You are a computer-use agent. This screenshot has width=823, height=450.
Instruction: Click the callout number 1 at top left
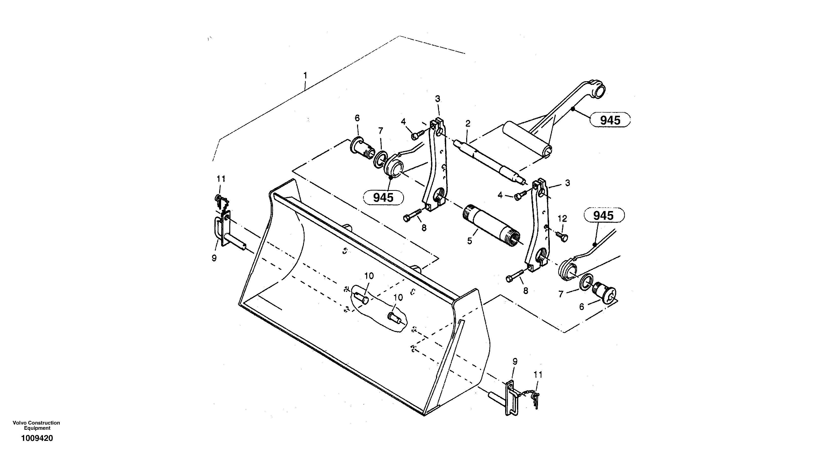[x=305, y=76]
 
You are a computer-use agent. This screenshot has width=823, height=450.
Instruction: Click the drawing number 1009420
[x=37, y=438]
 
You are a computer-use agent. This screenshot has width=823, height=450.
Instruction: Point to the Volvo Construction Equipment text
[x=37, y=425]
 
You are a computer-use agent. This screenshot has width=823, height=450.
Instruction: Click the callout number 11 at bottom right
[x=538, y=374]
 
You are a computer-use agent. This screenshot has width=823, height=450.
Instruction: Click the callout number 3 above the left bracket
[x=438, y=99]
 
